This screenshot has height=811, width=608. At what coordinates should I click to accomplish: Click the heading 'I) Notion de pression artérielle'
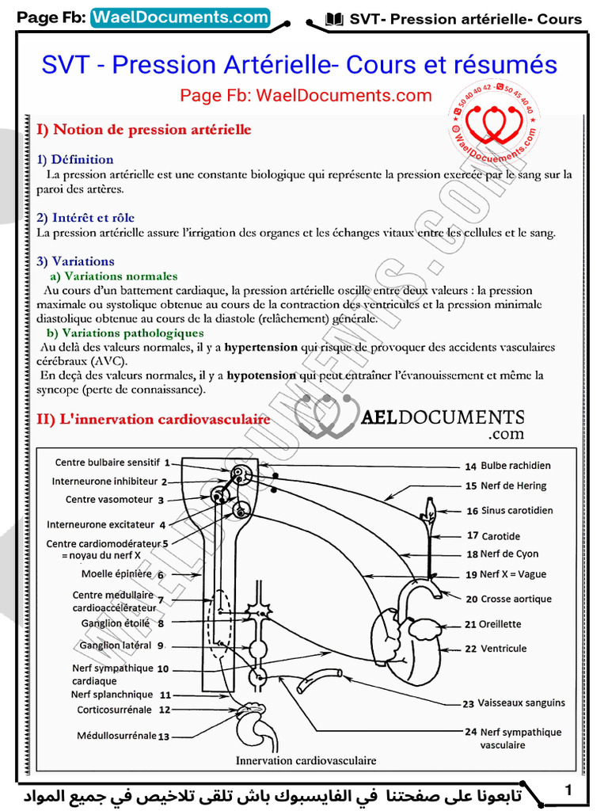[x=144, y=129]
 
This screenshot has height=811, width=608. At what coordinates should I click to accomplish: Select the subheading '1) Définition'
[x=75, y=159]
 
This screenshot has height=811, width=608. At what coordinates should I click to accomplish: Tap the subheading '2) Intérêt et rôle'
[x=85, y=217]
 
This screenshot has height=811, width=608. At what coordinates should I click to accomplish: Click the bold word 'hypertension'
[x=260, y=347]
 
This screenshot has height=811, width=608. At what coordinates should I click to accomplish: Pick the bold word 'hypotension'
[x=260, y=375]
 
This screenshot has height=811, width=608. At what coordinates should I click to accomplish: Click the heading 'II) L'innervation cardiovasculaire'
[x=154, y=419]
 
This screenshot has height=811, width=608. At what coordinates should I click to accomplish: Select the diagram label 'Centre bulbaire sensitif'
[x=108, y=462]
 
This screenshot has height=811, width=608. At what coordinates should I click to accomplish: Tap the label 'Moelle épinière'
[x=116, y=574]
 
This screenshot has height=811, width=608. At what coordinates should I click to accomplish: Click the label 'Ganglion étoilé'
[x=116, y=623]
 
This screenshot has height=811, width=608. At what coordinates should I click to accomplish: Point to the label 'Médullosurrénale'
[x=116, y=736]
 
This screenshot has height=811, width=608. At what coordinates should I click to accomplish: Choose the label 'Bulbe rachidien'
[x=515, y=466]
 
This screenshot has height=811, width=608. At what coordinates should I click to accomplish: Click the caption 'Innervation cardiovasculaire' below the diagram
[x=306, y=760]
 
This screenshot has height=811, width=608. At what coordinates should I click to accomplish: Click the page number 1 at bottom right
[x=568, y=790]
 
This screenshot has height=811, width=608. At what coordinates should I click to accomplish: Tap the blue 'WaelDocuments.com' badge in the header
[x=180, y=17]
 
